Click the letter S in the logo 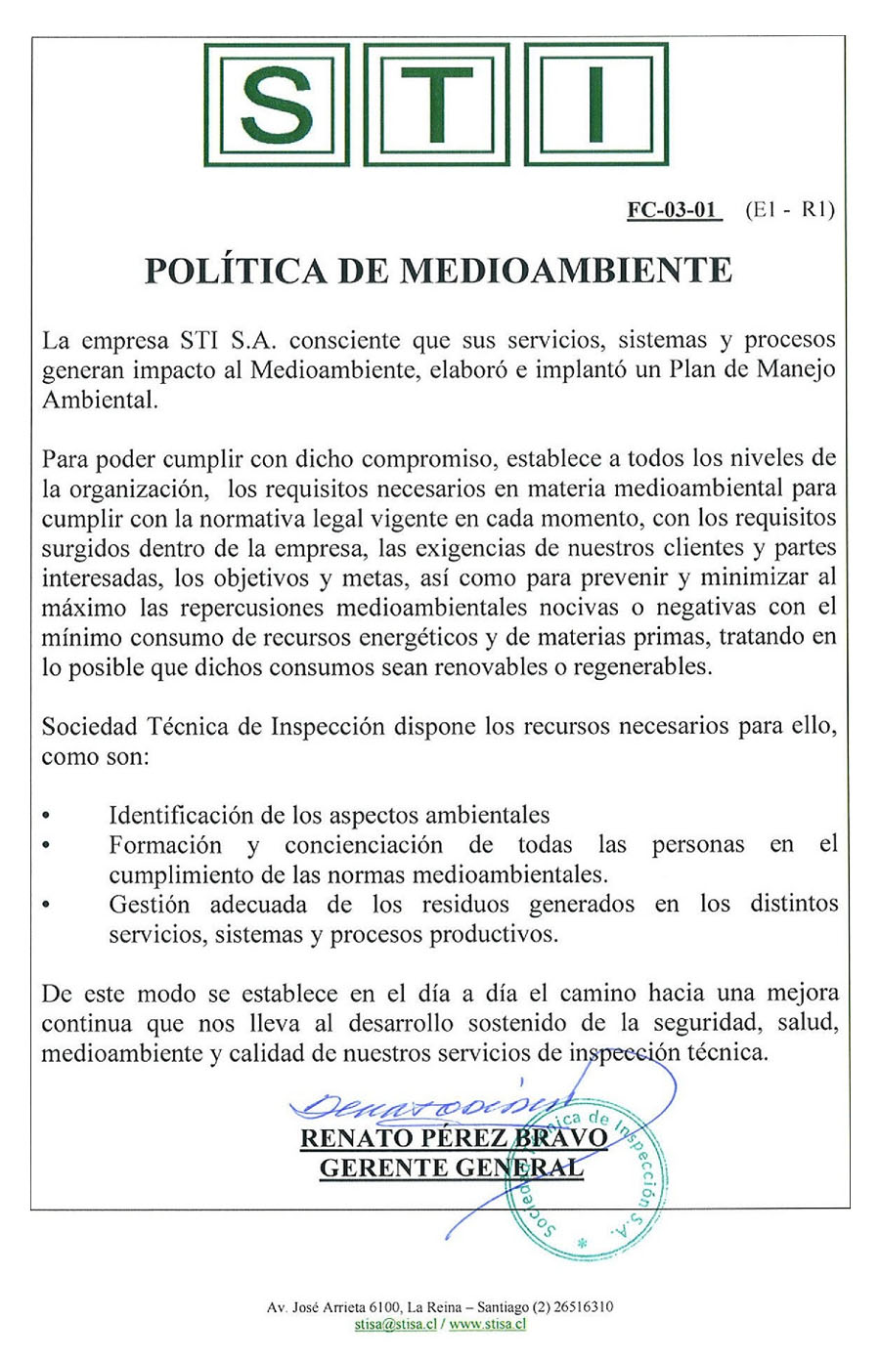pos(277,105)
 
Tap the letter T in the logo pos(438,105)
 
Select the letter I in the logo pos(596,105)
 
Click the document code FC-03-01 pos(674,210)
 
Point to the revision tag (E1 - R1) pos(789,210)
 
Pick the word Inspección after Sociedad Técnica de pos(329,727)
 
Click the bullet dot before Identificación pos(47,816)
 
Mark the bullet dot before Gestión pos(47,906)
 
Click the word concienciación pos(364,845)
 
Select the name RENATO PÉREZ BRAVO pos(454,1138)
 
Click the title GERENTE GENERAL pos(452,1168)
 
